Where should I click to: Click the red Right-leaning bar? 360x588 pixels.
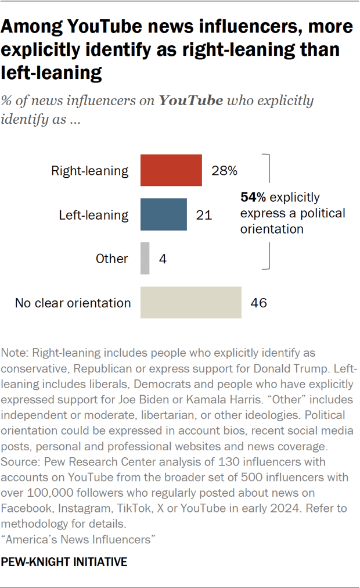tap(171, 170)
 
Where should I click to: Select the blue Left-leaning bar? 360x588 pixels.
tap(163, 214)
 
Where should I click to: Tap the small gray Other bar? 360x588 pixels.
tap(145, 259)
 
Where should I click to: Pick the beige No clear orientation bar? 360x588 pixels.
tap(190, 303)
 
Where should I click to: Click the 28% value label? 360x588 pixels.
tap(224, 171)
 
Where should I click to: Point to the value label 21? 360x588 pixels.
tap(203, 215)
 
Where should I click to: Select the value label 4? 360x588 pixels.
tap(163, 259)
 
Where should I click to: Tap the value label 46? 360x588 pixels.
tap(258, 303)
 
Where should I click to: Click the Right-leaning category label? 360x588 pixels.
tap(89, 171)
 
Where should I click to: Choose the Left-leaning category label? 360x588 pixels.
tap(93, 215)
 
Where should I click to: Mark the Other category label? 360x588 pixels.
tap(111, 259)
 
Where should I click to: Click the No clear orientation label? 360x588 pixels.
tap(73, 303)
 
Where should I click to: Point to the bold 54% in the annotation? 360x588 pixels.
tap(253, 198)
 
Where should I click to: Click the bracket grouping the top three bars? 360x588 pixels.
tap(268, 211)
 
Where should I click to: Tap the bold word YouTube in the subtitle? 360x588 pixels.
tap(190, 101)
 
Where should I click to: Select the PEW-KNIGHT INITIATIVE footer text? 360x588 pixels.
tap(64, 562)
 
